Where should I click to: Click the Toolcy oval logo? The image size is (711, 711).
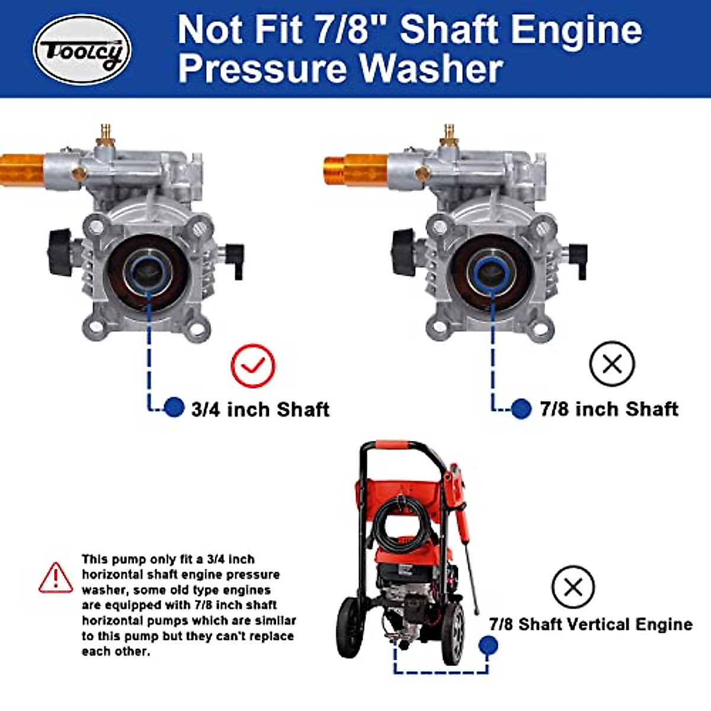pos(82,50)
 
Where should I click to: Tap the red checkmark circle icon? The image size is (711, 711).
pos(253,366)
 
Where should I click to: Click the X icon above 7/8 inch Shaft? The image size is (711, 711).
pos(612,364)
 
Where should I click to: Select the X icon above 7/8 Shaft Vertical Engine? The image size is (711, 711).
pos(573,587)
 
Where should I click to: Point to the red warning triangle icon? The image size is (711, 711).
pos(56,578)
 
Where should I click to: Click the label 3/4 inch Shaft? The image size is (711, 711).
pos(260,409)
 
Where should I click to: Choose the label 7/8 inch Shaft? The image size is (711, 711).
pos(609,409)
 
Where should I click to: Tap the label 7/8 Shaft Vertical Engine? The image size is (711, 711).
pos(591,624)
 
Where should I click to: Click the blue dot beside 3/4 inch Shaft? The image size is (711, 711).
pos(174,407)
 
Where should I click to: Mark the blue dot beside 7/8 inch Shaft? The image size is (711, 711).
pos(521,408)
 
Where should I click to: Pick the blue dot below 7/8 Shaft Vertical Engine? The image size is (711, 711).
pos(488,645)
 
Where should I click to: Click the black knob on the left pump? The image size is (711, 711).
pos(60,253)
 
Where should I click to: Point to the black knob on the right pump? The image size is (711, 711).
pos(403,253)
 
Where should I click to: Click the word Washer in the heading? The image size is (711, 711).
pos(431,69)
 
